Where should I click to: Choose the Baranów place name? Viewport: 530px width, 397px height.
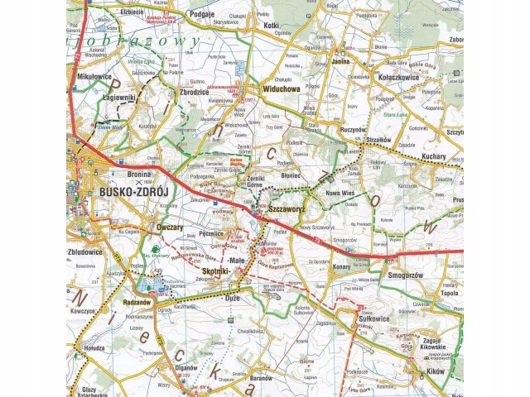258,378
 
